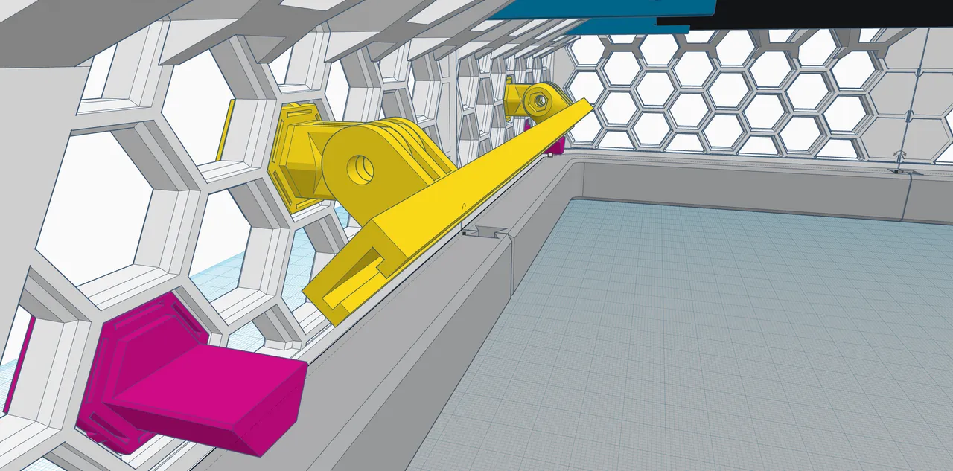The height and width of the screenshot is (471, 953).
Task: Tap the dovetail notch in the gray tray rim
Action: (x=488, y=232)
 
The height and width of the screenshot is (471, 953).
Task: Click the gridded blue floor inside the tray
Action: (x=707, y=335)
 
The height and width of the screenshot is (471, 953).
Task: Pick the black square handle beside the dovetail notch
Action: (x=464, y=234)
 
